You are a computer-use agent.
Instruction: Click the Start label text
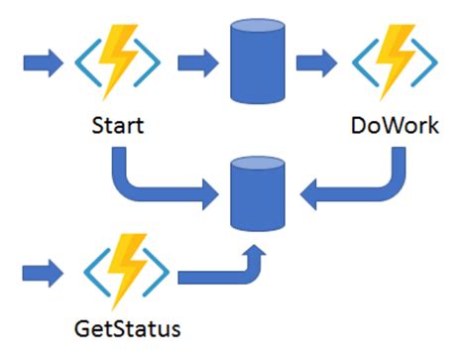click(x=118, y=128)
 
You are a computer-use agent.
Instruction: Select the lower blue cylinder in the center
click(x=255, y=193)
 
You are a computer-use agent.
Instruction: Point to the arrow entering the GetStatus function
click(x=42, y=267)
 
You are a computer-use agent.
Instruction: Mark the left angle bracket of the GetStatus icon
click(x=86, y=267)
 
